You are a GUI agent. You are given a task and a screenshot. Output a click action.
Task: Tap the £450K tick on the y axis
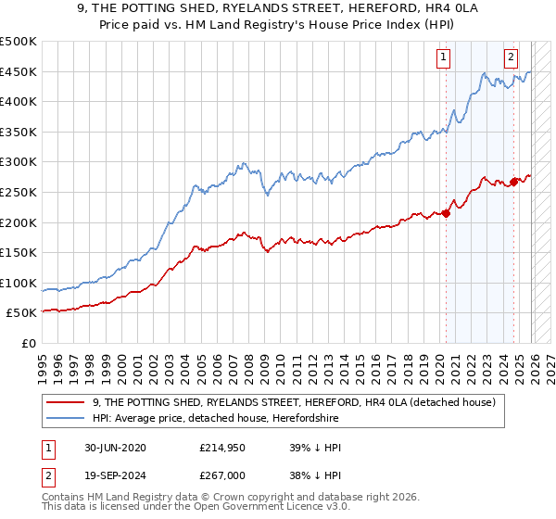[x=19, y=71]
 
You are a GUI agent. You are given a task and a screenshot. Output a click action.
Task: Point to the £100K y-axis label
[x=19, y=283]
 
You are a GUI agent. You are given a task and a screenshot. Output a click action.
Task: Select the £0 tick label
[x=29, y=343]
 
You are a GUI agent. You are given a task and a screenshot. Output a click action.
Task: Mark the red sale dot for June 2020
[x=446, y=213]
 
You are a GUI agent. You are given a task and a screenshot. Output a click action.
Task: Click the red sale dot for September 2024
[x=514, y=182]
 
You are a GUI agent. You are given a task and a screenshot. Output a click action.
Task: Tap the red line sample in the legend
[x=67, y=402]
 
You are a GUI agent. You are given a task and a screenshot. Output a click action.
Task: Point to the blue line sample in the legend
[x=67, y=418]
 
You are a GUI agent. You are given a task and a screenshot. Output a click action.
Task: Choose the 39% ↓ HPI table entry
[x=315, y=448]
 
